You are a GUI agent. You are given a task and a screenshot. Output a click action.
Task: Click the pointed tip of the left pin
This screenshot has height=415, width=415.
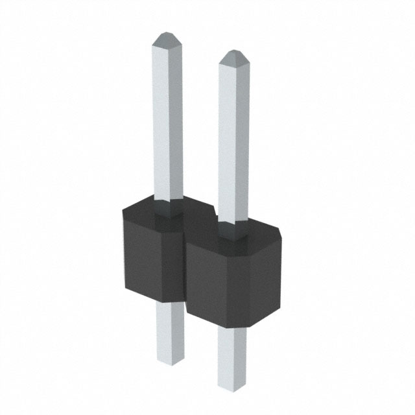pyautogui.click(x=167, y=36)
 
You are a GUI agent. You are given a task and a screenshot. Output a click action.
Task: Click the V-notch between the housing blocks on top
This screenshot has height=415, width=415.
pyautogui.click(x=211, y=215)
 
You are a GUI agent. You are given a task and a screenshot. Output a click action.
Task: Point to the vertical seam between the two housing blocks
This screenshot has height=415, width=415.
pyautogui.click(x=186, y=272)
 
